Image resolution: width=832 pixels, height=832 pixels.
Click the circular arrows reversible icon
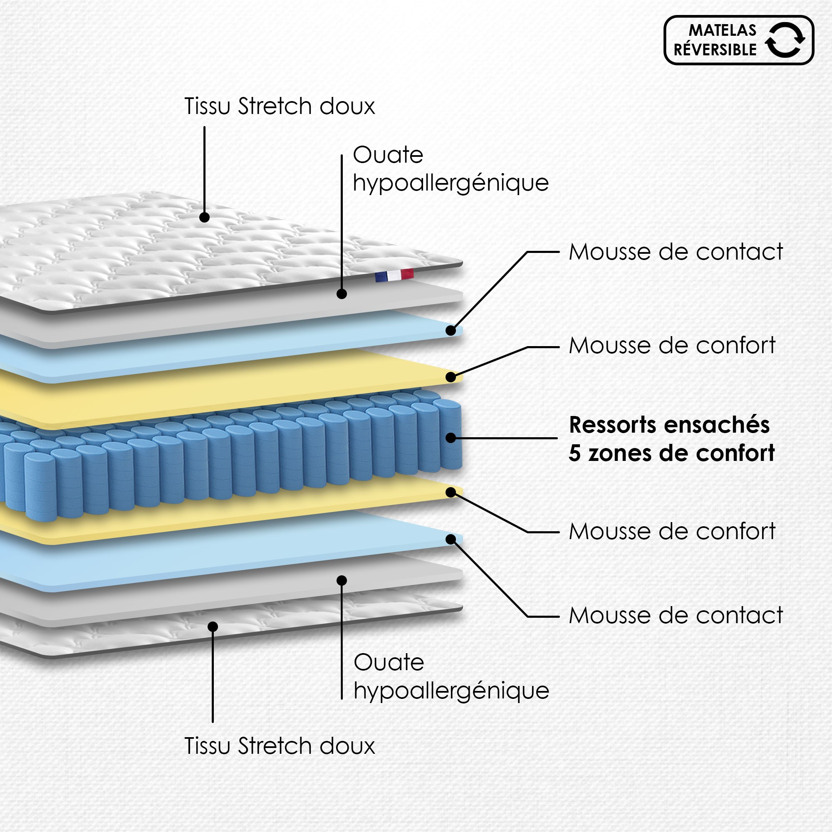[785, 40]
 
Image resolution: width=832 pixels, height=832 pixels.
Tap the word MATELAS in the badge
[722, 30]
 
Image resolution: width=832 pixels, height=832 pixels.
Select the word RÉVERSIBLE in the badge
[715, 50]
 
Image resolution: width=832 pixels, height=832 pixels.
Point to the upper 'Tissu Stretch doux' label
[280, 106]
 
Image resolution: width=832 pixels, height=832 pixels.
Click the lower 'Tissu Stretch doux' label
[280, 746]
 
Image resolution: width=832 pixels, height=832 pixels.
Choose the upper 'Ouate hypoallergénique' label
[451, 169]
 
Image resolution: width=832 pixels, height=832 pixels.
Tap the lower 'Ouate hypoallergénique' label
[451, 676]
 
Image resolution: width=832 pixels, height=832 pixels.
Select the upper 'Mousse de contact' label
[676, 252]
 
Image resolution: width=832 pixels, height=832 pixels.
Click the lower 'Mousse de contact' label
[676, 615]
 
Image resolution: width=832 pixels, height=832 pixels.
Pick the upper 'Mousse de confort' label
[672, 345]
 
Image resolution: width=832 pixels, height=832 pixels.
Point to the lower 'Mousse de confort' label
[672, 531]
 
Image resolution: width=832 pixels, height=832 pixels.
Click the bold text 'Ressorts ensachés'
[669, 425]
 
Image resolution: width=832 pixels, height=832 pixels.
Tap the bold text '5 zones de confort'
[672, 453]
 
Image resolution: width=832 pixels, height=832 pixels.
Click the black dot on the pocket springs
[451, 438]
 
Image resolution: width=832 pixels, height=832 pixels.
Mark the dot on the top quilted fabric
[205, 217]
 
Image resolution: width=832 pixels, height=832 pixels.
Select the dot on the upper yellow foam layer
[451, 377]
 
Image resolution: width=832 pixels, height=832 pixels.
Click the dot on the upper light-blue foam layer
[451, 331]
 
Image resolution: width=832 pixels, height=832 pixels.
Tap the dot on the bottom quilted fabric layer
[213, 626]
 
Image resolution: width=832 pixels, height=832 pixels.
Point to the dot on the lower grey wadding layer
[342, 580]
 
